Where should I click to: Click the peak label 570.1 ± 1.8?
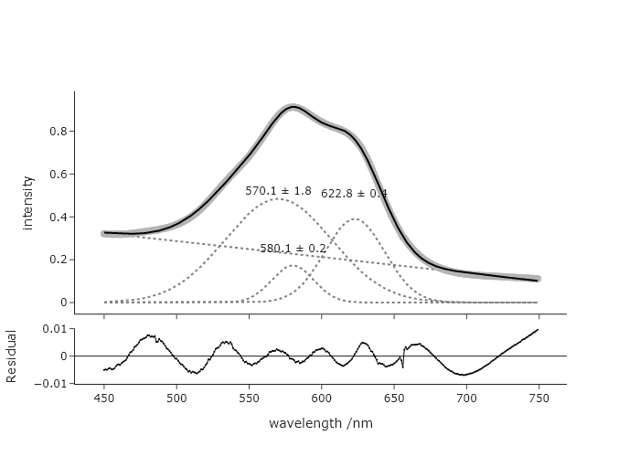click(278, 191)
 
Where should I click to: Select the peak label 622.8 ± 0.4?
click(354, 194)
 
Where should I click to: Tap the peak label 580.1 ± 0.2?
click(293, 249)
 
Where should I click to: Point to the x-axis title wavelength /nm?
click(320, 423)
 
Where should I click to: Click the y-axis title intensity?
click(27, 202)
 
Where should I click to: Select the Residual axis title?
click(12, 356)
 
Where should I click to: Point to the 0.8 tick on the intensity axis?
click(58, 131)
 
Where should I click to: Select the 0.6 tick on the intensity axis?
click(58, 174)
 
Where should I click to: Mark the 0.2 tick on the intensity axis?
click(58, 260)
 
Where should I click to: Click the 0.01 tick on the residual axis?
click(54, 328)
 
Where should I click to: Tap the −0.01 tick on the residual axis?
click(51, 383)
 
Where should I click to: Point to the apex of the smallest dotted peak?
click(293, 266)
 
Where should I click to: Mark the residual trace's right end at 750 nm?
click(538, 330)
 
